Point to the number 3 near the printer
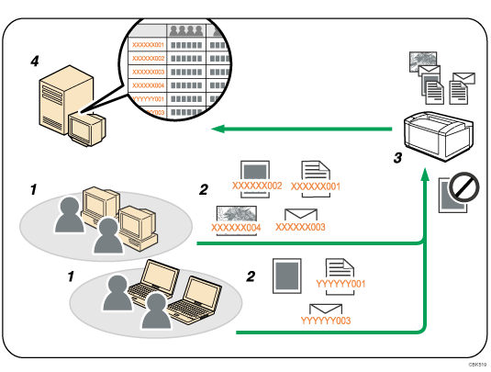pyautogui.click(x=397, y=158)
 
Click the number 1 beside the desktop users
pyautogui.click(x=33, y=189)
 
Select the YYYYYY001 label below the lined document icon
pyautogui.click(x=340, y=284)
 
